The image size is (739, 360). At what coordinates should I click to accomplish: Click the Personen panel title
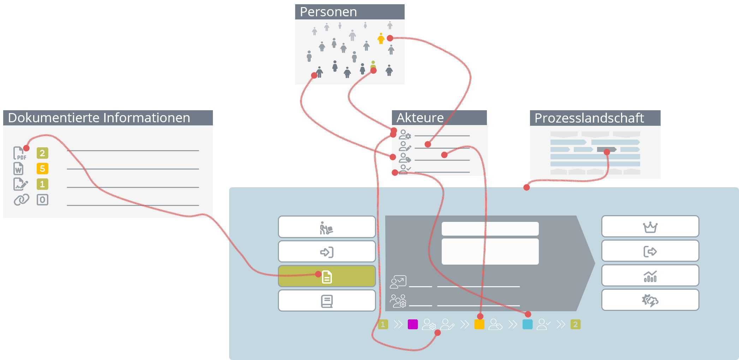click(x=328, y=12)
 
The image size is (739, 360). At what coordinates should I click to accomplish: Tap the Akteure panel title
click(x=420, y=118)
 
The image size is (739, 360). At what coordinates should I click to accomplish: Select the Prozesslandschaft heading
click(x=589, y=118)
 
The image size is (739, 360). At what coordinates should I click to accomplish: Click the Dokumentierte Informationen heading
click(x=99, y=118)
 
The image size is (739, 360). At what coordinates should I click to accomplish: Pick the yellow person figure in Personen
click(x=381, y=39)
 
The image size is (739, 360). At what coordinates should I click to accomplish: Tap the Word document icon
click(x=19, y=169)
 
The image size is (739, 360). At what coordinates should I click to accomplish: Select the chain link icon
click(x=21, y=200)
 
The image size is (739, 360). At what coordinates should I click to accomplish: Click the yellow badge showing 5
click(x=42, y=169)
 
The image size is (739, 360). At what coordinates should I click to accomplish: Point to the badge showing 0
click(x=42, y=200)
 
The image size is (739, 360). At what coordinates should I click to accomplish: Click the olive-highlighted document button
click(x=327, y=276)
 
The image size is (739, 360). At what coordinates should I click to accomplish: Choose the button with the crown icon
click(x=650, y=226)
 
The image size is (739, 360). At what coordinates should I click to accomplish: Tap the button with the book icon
click(x=327, y=301)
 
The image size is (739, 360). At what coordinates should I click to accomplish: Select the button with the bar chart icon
click(x=650, y=276)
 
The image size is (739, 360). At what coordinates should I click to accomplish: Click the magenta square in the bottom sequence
click(x=413, y=324)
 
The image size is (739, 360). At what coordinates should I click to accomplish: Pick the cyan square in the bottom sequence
click(x=528, y=324)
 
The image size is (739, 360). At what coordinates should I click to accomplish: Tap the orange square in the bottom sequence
click(x=479, y=324)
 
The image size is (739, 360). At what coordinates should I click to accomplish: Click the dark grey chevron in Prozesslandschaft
click(x=606, y=149)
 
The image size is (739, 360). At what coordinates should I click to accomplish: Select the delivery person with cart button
click(x=327, y=227)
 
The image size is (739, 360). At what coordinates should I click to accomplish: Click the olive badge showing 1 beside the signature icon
click(x=42, y=184)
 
